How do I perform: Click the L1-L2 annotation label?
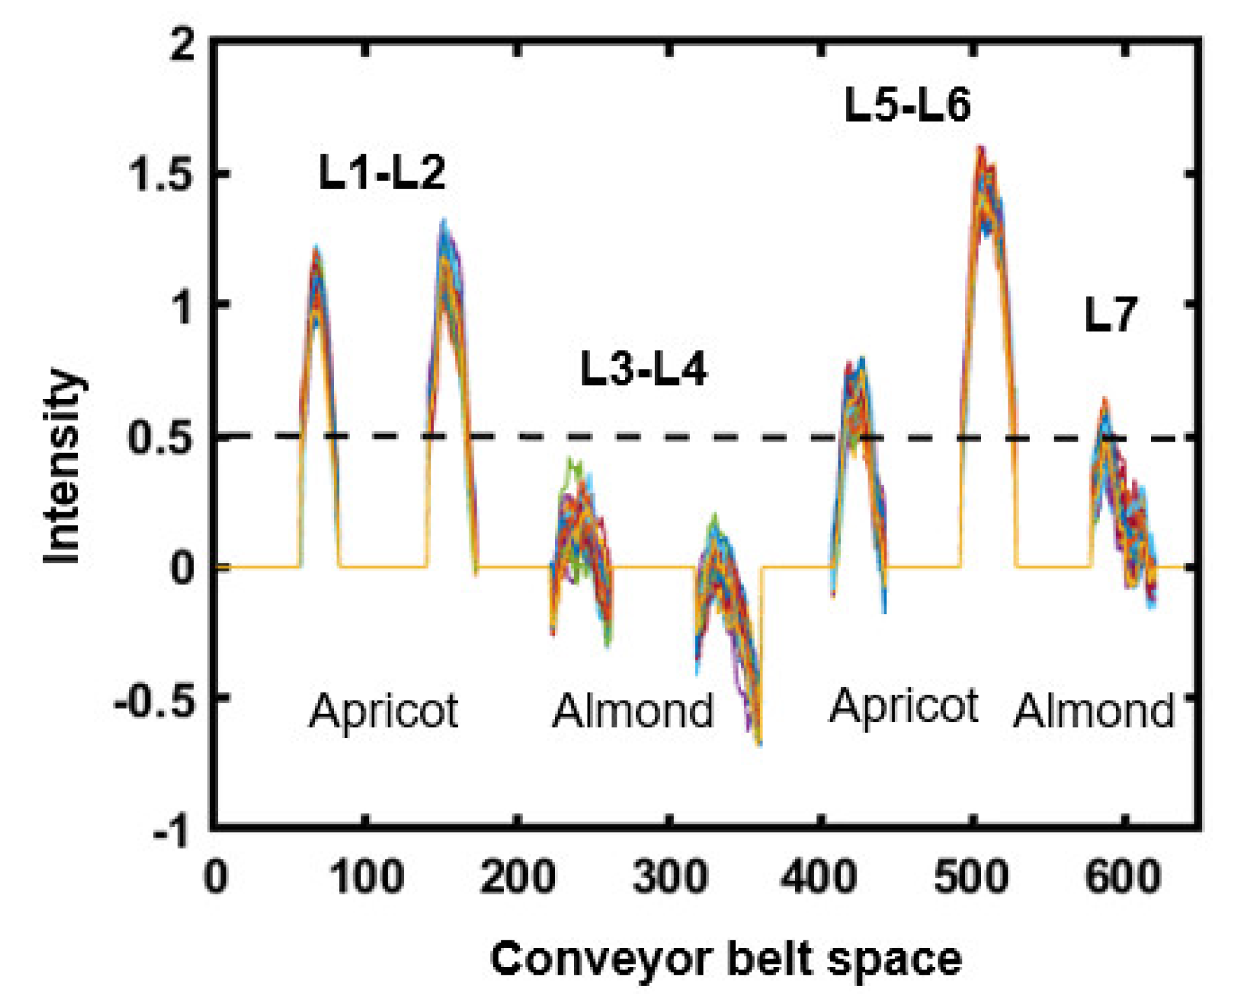tap(382, 173)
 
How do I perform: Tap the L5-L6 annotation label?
tap(907, 106)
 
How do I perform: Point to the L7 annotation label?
tap(1110, 316)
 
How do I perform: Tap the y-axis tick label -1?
tap(171, 831)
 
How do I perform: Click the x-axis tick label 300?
tap(670, 877)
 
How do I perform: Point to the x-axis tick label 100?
tap(367, 877)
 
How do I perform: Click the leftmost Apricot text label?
tap(383, 711)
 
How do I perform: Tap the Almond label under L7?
tap(1093, 711)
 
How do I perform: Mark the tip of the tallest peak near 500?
tap(981, 149)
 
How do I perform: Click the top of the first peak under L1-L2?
tap(316, 248)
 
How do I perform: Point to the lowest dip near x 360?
tap(759, 744)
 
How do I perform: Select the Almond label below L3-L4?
tap(633, 711)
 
